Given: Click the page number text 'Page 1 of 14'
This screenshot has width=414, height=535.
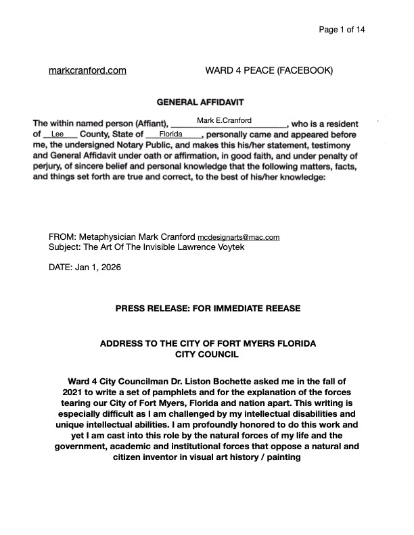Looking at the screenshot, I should pos(342,29).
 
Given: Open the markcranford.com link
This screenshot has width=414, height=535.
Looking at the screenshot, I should pos(88,70).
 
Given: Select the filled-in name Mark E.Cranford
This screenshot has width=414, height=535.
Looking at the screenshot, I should pos(223,120).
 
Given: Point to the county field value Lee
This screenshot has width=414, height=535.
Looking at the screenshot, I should pos(57,134).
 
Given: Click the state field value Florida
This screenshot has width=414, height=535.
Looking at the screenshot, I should pos(162,134).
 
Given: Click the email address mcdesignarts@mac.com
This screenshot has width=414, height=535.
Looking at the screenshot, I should pos(237,238).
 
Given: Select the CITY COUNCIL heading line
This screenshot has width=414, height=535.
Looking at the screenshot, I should pos(208,353).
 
